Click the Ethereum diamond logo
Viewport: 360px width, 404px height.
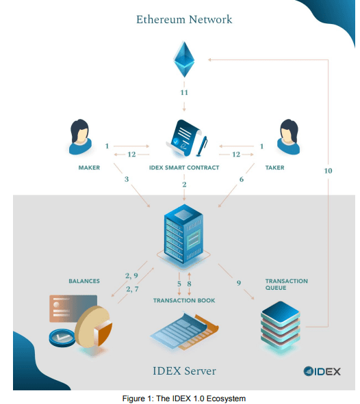[184, 59]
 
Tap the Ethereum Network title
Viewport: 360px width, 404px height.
[184, 20]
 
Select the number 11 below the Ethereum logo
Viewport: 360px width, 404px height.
[184, 92]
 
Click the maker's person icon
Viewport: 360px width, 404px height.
[80, 137]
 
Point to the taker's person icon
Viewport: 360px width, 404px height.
[289, 137]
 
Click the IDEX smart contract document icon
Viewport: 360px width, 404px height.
[186, 138]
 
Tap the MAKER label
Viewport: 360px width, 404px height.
[89, 167]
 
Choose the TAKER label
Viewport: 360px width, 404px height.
[275, 167]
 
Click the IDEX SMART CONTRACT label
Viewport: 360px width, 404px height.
[184, 167]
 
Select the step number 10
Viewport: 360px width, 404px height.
[328, 171]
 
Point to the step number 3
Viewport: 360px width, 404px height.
[127, 179]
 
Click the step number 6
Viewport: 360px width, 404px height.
[242, 179]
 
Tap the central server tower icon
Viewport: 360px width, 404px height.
[183, 234]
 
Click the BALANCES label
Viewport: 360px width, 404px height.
[84, 281]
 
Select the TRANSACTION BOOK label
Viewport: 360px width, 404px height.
[184, 300]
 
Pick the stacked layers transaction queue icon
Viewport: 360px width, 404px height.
[281, 326]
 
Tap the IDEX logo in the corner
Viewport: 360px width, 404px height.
[322, 371]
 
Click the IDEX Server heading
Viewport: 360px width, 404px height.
[184, 371]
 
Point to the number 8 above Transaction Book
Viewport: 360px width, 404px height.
[189, 284]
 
